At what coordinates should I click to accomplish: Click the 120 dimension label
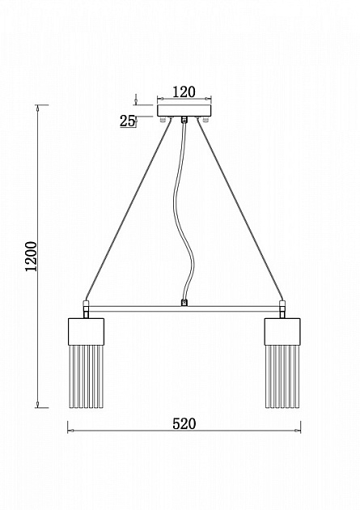click(x=184, y=91)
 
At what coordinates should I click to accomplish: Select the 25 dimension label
click(x=127, y=121)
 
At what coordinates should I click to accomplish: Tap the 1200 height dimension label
click(x=32, y=257)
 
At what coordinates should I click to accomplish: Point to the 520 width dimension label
click(x=184, y=424)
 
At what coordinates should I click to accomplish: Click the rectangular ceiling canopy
click(x=184, y=111)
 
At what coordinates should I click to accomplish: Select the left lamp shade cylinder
click(x=86, y=331)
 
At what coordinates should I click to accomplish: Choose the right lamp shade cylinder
click(x=282, y=331)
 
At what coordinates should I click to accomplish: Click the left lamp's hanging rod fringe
click(x=86, y=376)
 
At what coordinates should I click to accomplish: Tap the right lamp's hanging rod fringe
click(x=282, y=376)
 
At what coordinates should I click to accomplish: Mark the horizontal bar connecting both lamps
click(x=184, y=308)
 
